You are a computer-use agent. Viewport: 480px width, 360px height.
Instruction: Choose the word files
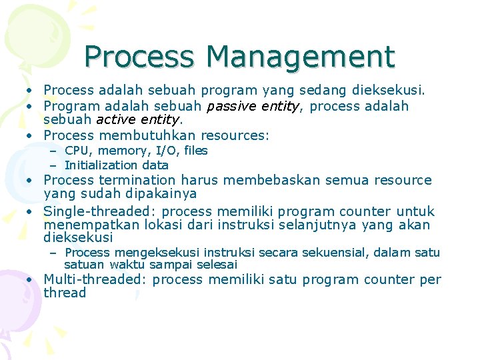point(193,151)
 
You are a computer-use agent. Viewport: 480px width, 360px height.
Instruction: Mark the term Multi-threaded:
point(95,279)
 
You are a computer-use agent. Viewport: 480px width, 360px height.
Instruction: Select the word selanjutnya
point(325,225)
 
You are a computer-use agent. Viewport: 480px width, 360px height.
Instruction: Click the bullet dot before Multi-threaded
point(31,280)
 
